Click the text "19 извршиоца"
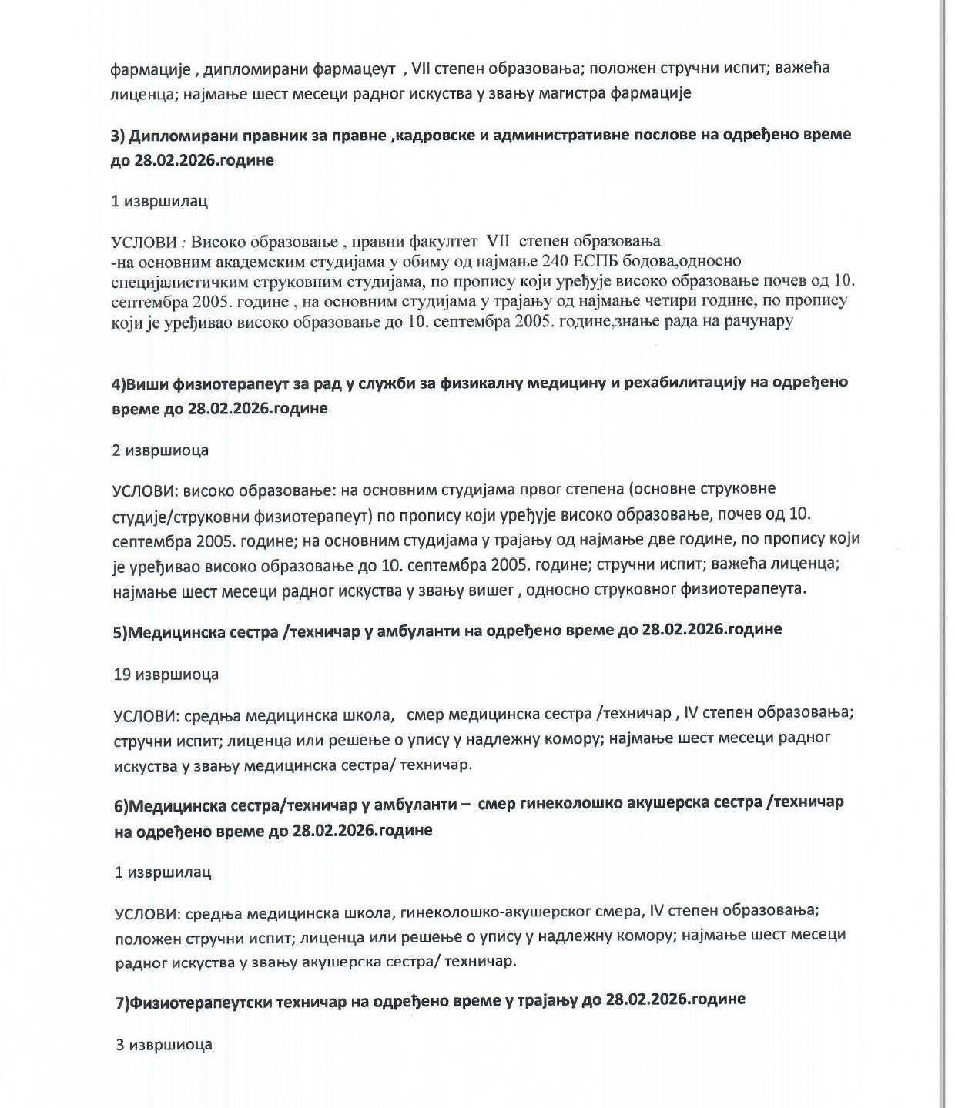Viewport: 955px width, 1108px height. click(x=166, y=675)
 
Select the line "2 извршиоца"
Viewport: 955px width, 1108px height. click(x=160, y=450)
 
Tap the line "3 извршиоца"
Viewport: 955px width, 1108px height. click(x=163, y=1045)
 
